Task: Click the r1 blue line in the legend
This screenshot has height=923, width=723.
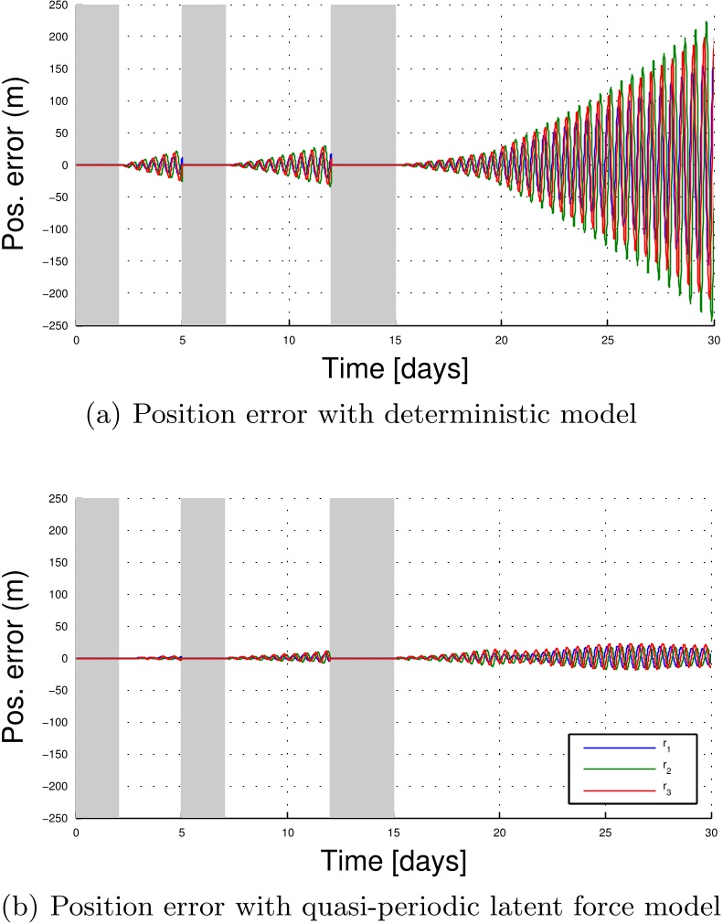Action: pyautogui.click(x=620, y=748)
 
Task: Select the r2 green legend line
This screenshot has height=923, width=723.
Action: pyautogui.click(x=620, y=769)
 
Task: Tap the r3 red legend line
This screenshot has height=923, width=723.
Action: pyautogui.click(x=620, y=790)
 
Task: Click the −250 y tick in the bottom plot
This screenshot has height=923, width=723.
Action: pyautogui.click(x=56, y=818)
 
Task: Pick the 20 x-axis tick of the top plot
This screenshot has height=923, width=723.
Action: pyautogui.click(x=501, y=340)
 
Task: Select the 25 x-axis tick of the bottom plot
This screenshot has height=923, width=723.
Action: pyautogui.click(x=605, y=833)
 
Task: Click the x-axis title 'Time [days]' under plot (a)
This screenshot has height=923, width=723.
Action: pyautogui.click(x=395, y=368)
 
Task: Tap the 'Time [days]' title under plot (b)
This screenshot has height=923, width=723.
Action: pyautogui.click(x=394, y=861)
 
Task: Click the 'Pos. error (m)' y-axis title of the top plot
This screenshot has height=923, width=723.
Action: pyautogui.click(x=13, y=165)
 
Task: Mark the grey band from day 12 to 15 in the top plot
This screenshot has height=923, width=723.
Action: pyautogui.click(x=363, y=164)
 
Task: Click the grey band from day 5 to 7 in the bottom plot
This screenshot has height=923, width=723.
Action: pyautogui.click(x=203, y=657)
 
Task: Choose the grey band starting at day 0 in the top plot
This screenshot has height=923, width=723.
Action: pyautogui.click(x=98, y=164)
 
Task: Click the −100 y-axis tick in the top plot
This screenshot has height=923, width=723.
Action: pyautogui.click(x=56, y=229)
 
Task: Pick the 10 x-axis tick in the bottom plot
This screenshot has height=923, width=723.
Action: pyautogui.click(x=287, y=833)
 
